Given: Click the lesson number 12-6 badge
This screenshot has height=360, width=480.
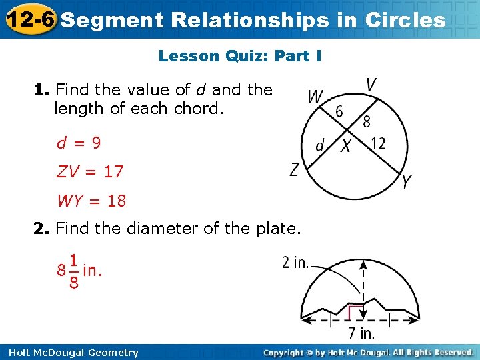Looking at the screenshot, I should pos(29,19).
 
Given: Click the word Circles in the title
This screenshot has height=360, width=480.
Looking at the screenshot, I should pos(405,20).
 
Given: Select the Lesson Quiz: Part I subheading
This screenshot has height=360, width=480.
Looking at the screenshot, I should pos(240,56).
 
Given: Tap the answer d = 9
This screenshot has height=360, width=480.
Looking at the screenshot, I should pos(79,143).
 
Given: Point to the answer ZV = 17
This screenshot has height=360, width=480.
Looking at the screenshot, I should pos(90,171).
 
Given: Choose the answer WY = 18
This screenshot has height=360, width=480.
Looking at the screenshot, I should pos(91,201).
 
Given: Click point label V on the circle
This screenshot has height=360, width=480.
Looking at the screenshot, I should pos(372,85).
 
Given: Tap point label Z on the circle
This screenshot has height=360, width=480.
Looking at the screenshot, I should pos(295,170).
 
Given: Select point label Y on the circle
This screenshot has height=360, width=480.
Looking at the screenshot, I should pos(407,182).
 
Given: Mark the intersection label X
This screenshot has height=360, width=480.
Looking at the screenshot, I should pos(346,145).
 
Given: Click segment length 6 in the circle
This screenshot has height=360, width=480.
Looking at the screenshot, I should pos(339,111).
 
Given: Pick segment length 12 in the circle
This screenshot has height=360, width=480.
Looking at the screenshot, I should pos(378,143).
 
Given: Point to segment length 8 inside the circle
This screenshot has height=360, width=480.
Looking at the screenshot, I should pos(366,121).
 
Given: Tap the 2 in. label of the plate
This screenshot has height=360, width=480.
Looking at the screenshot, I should pos(295,263).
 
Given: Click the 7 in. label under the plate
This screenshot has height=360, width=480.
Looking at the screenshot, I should pos(361,332).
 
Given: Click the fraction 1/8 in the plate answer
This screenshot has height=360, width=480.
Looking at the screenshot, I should pos(73,271).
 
